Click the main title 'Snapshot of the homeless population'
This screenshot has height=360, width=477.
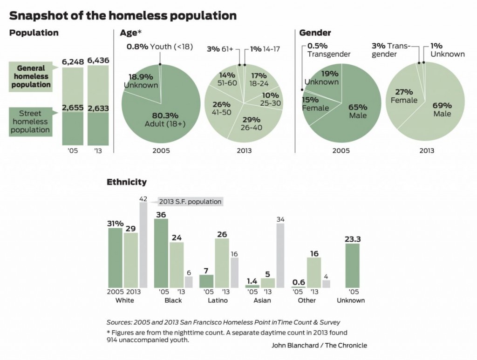[x=123, y=15]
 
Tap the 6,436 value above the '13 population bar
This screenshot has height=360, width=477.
[x=97, y=61]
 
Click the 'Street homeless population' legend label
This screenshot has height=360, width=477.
[x=31, y=122]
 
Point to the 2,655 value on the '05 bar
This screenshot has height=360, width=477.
[x=72, y=108]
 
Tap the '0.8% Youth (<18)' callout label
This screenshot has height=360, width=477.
[x=159, y=47]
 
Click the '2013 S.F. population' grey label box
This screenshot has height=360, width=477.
[x=190, y=202]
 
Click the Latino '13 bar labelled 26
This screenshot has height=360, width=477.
[x=222, y=263]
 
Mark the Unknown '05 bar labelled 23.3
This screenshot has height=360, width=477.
[x=352, y=265]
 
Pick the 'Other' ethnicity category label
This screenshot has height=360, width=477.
[x=307, y=300]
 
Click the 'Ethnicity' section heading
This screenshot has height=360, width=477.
[x=127, y=182]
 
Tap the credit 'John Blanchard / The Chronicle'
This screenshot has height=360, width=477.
[x=319, y=345]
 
